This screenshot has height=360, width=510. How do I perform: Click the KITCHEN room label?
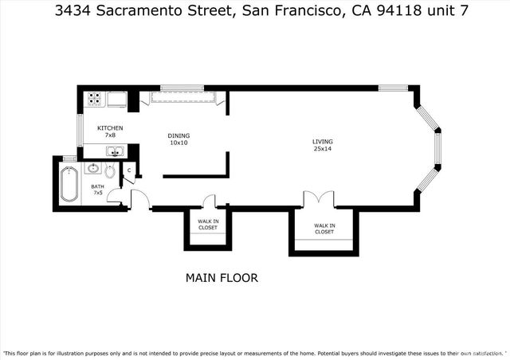(x=110, y=128)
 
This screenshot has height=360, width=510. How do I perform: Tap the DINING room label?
(x=178, y=135)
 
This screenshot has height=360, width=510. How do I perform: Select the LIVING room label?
(x=322, y=143)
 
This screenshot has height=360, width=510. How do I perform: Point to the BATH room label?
(x=97, y=186)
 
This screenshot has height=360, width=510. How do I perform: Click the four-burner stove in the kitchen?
(x=94, y=99)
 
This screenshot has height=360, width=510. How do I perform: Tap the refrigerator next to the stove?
(x=116, y=99)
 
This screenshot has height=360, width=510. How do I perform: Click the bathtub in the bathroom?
(x=69, y=185)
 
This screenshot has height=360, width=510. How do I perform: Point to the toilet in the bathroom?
(x=110, y=170)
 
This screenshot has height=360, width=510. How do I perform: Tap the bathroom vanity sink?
(x=92, y=168)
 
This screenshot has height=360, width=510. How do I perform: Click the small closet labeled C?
(x=129, y=170)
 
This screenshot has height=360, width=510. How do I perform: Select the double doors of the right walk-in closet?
(x=316, y=199)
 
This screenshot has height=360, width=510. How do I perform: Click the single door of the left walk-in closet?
(x=210, y=202)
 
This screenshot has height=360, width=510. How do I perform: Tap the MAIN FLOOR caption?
(x=222, y=278)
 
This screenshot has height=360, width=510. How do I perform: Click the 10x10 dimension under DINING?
(x=178, y=143)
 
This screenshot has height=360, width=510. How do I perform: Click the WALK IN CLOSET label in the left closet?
(x=207, y=224)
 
